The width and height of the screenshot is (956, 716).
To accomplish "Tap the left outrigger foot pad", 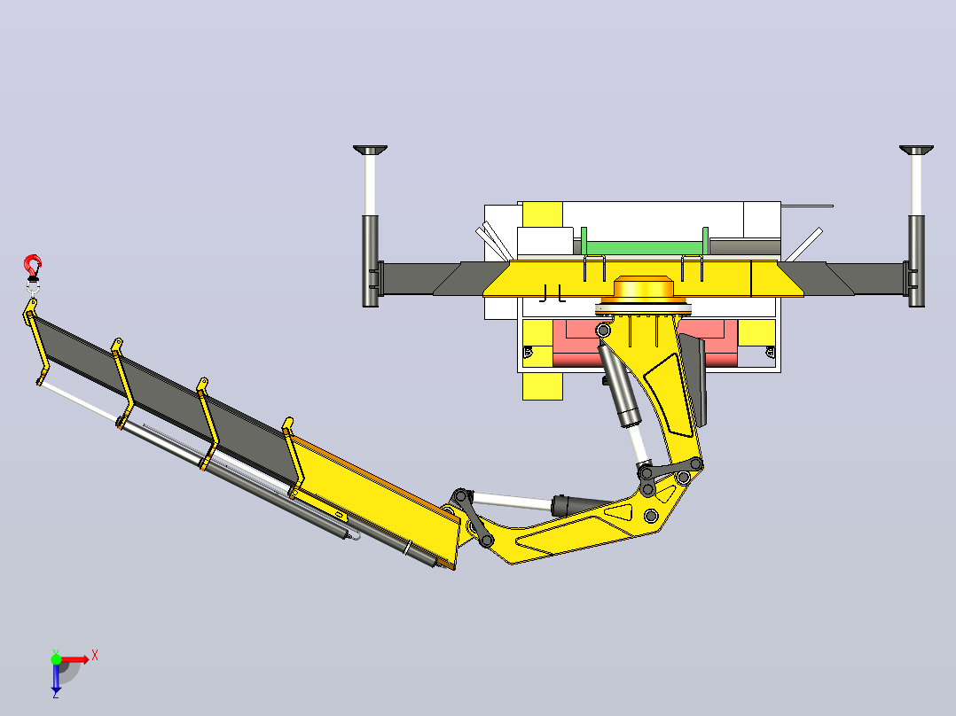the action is [x=370, y=150].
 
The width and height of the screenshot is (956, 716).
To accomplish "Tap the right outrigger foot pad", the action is [x=916, y=150].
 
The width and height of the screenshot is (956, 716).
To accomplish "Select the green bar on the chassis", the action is [x=645, y=247].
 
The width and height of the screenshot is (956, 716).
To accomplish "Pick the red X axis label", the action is [x=95, y=657].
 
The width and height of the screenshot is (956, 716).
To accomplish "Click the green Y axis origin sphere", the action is [x=56, y=659].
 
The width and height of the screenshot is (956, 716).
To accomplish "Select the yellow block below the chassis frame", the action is [x=543, y=386].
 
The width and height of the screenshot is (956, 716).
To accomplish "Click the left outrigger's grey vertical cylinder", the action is [x=370, y=261].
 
